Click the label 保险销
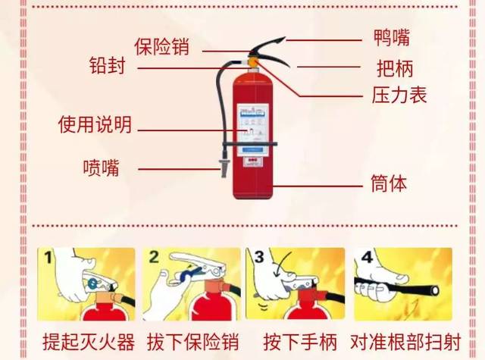tap(161, 45)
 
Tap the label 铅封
tap(108, 67)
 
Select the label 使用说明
tap(95, 124)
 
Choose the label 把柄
tap(394, 68)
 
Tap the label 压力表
tap(399, 95)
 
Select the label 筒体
tap(389, 183)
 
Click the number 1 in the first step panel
tap(48, 258)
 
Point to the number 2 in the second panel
tap(154, 258)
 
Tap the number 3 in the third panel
tap(258, 258)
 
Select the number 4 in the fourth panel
tap(366, 258)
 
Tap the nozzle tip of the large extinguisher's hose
tap(224, 168)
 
